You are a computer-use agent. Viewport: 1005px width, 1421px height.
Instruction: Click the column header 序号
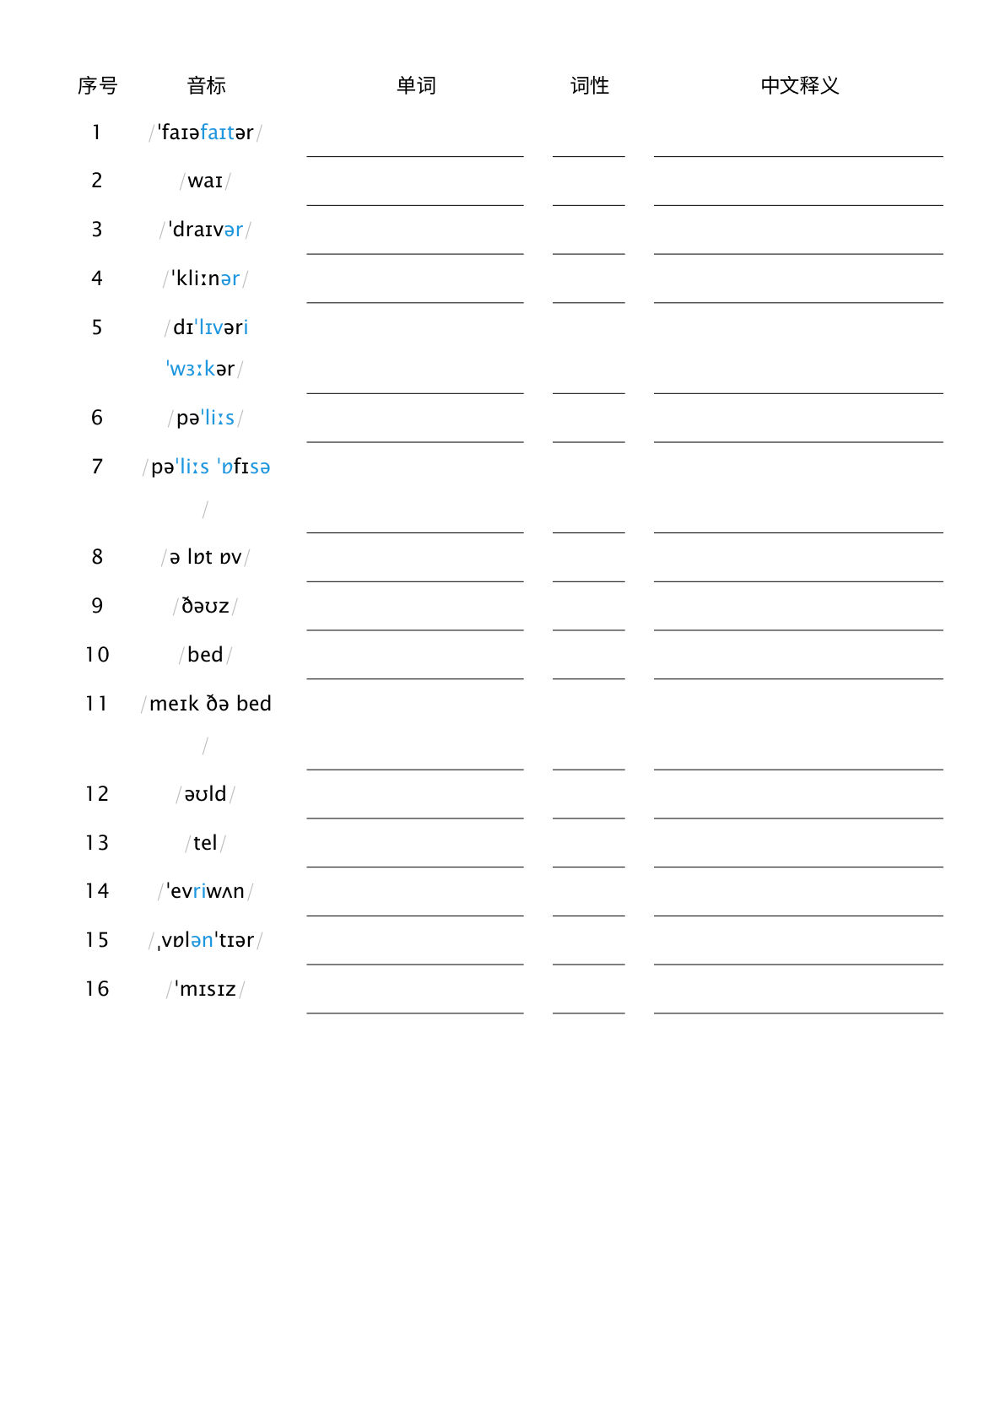[97, 85]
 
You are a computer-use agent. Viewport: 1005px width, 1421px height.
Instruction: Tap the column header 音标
[206, 85]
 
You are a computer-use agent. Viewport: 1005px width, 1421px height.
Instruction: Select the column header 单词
[416, 85]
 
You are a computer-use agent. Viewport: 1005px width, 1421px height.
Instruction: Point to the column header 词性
[589, 85]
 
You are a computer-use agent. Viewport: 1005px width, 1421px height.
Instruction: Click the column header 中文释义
[799, 85]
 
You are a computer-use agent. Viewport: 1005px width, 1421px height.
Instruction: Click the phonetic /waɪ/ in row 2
[205, 181]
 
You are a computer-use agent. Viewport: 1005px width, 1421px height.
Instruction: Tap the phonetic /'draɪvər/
[205, 230]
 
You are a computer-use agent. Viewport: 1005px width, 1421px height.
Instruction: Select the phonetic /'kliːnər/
[205, 278]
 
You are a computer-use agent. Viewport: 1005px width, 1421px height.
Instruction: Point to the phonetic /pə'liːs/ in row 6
[205, 418]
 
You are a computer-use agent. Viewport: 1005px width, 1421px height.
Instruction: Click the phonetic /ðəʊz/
[205, 606]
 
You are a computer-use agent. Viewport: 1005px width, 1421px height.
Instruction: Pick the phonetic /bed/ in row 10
[205, 655]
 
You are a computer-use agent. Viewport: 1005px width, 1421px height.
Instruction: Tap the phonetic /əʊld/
[205, 794]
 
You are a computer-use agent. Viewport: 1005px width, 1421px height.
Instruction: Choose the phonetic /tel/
[205, 843]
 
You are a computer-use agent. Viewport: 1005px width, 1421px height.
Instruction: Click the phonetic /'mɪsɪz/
[205, 989]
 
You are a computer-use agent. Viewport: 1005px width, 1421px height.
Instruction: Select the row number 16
[97, 989]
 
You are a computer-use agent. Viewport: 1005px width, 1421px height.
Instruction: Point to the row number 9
[97, 606]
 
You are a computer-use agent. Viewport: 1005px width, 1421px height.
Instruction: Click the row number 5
[97, 327]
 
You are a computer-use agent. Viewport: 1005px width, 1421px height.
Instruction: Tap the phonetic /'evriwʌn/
[205, 891]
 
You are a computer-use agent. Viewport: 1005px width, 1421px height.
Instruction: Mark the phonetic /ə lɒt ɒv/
[205, 557]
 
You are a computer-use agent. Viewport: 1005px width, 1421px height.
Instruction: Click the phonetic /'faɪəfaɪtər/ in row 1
[205, 132]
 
